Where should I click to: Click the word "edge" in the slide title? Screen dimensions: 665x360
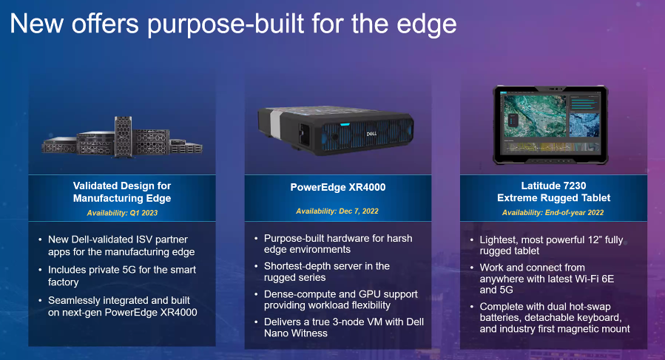pyautogui.click(x=426, y=24)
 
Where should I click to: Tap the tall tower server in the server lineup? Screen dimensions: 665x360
pyautogui.click(x=123, y=137)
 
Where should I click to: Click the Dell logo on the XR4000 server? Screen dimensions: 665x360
pyautogui.click(x=371, y=134)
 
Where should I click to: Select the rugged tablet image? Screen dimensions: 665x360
pyautogui.click(x=550, y=125)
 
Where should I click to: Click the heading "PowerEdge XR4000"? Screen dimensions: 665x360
pyautogui.click(x=338, y=188)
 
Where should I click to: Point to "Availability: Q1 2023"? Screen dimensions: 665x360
pyautogui.click(x=122, y=213)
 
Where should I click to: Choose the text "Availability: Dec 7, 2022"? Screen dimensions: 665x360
pyautogui.click(x=337, y=211)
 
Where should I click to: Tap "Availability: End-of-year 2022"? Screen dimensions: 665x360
pyautogui.click(x=553, y=212)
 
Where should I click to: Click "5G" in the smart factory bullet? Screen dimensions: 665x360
pyautogui.click(x=121, y=270)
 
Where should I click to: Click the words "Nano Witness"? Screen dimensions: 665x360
pyautogui.click(x=296, y=333)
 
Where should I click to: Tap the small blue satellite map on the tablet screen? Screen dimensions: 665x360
pyautogui.click(x=584, y=124)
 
